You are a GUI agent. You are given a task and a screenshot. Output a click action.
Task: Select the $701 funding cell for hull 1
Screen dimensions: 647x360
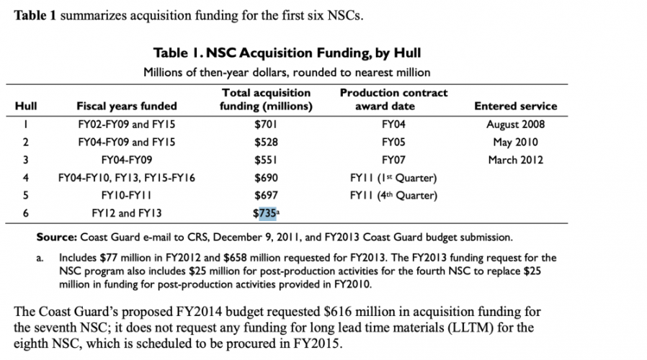[x=266, y=124]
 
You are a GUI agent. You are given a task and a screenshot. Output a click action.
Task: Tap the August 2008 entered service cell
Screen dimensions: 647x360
[x=515, y=124]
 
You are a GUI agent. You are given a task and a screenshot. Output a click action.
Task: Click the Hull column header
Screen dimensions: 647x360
[x=26, y=106]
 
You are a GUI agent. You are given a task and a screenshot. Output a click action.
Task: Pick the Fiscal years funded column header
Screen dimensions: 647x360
[x=127, y=106]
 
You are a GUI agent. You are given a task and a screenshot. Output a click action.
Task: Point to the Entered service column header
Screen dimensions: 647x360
[x=515, y=106]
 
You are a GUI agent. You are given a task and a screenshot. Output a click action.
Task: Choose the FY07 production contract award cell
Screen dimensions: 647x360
[x=393, y=160]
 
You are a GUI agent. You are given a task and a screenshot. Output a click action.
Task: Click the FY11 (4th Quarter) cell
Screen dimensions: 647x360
[x=393, y=195]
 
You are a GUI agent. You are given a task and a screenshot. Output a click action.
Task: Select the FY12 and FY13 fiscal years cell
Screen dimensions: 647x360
[x=127, y=213]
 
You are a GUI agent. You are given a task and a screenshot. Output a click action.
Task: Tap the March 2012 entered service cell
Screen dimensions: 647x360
[x=515, y=160]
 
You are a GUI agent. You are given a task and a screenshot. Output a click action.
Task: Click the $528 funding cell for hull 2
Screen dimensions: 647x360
[x=266, y=142]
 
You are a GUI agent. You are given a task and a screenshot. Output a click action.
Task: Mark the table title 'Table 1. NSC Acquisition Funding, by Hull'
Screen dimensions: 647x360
[x=287, y=53]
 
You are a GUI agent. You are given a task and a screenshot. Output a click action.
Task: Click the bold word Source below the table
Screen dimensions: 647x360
[x=56, y=237]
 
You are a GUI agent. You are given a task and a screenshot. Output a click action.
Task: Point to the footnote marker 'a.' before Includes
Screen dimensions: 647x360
[x=40, y=258]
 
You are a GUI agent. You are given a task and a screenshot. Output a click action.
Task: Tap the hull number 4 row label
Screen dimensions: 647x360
[x=26, y=178]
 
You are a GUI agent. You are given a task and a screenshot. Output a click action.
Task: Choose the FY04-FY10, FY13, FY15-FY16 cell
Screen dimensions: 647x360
[x=127, y=178]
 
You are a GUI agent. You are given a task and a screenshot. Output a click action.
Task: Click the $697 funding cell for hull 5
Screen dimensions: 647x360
[x=266, y=195]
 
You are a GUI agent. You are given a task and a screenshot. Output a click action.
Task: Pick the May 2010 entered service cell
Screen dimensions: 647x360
[x=515, y=142]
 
